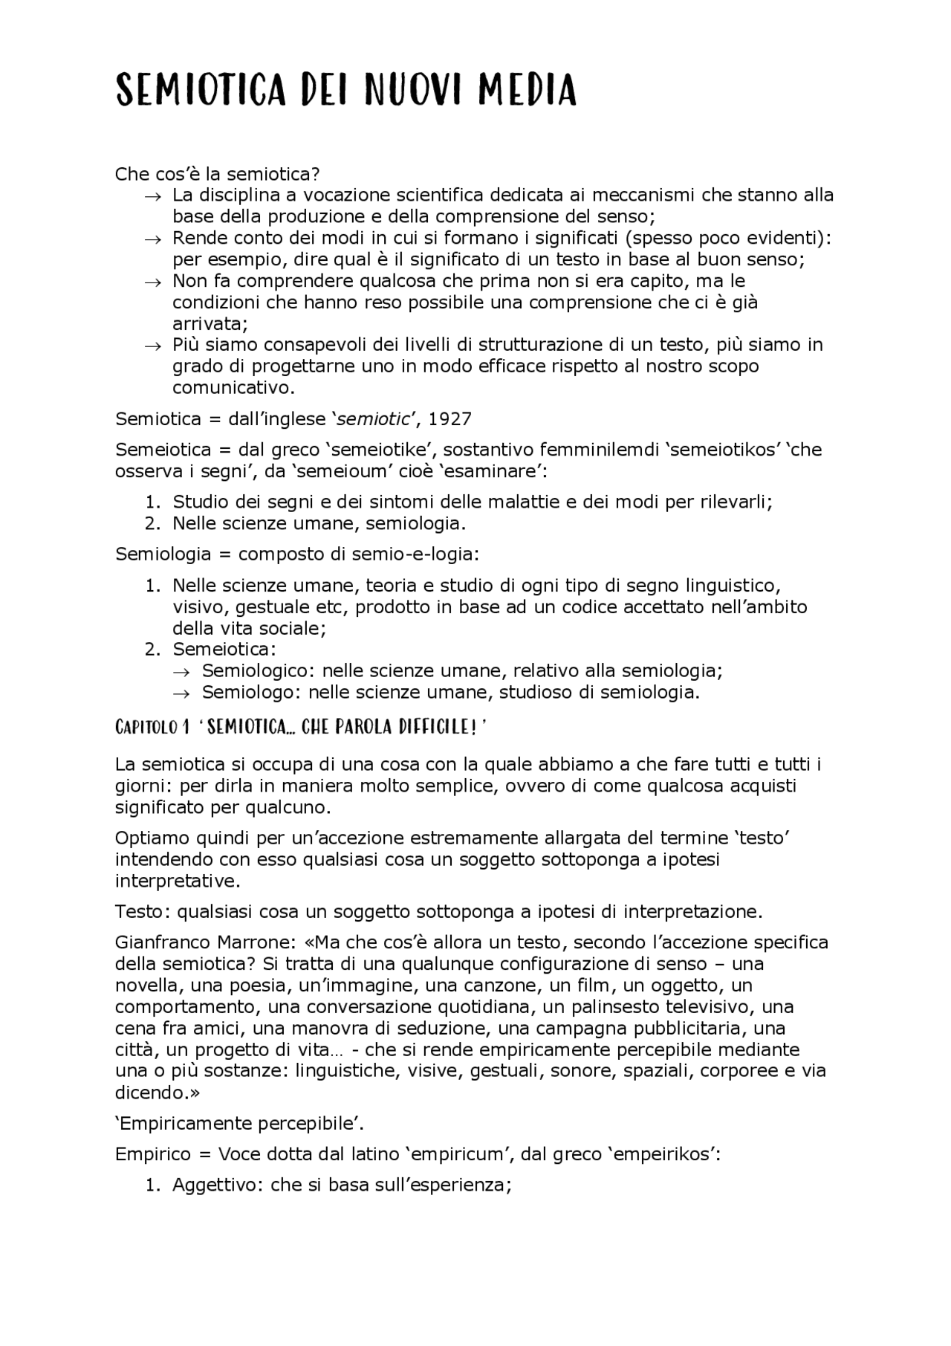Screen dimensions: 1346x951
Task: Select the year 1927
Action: point(450,419)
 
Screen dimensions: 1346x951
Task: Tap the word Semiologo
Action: point(250,693)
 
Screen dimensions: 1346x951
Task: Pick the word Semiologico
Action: point(257,671)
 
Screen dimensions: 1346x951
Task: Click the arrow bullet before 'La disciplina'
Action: point(152,196)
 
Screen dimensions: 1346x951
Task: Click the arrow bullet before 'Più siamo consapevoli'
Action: point(152,346)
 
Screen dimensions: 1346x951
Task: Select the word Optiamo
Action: point(152,838)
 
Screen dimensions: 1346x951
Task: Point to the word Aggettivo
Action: point(215,1185)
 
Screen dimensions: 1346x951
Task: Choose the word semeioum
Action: point(350,471)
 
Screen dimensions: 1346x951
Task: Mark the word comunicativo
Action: point(233,388)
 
